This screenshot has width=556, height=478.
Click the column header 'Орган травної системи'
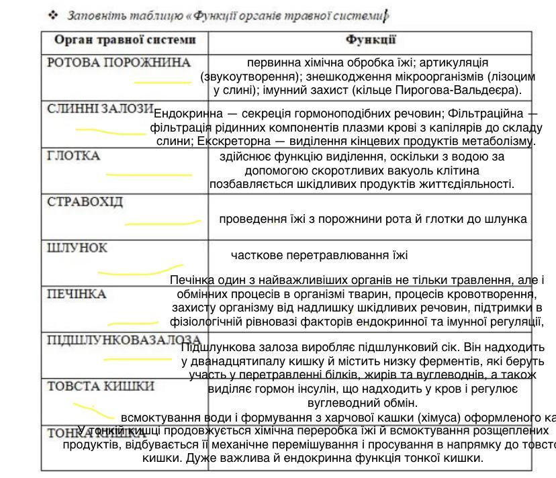[x=125, y=40]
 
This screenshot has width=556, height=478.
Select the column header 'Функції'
[x=371, y=40]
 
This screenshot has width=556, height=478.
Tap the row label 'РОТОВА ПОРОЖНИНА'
[x=119, y=62]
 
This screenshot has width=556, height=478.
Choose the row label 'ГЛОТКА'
[x=73, y=156]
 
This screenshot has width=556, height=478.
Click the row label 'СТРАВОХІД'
[x=85, y=201]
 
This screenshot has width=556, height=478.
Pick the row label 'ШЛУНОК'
[x=77, y=248]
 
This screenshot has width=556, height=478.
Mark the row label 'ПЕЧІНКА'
[x=77, y=294]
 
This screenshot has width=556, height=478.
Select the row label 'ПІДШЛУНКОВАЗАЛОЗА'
[x=124, y=340]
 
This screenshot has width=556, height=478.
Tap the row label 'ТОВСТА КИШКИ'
[x=101, y=386]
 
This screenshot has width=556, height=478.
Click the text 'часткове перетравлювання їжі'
[x=319, y=255]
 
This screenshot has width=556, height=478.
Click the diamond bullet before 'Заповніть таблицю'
[x=53, y=14]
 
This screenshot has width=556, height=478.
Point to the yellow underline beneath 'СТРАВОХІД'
[x=163, y=222]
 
